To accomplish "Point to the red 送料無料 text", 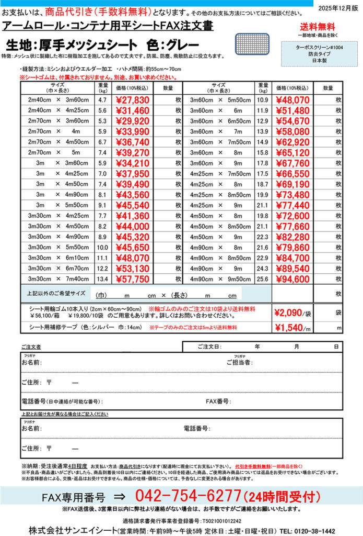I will (319, 27).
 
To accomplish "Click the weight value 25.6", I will (263, 279).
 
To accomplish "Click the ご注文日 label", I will (209, 347).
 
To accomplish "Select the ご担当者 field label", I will (239, 362).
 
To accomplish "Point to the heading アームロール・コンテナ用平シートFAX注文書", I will (97, 26).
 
